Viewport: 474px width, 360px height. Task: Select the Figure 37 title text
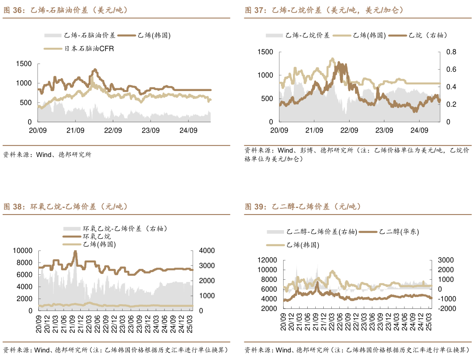[324, 10]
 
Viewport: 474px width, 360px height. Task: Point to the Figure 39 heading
[303, 207]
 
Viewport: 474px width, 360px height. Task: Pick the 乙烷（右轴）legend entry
[428, 35]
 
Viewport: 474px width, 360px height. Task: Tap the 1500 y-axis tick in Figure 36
[24, 64]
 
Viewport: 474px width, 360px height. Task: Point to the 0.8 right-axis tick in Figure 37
[450, 52]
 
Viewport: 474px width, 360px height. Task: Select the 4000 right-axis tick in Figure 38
[202, 251]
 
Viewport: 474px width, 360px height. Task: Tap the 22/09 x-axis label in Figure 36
[113, 130]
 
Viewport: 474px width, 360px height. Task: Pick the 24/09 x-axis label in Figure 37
[419, 130]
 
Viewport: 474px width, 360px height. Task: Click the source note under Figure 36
[47, 155]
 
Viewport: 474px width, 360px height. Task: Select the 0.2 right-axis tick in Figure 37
[450, 104]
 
